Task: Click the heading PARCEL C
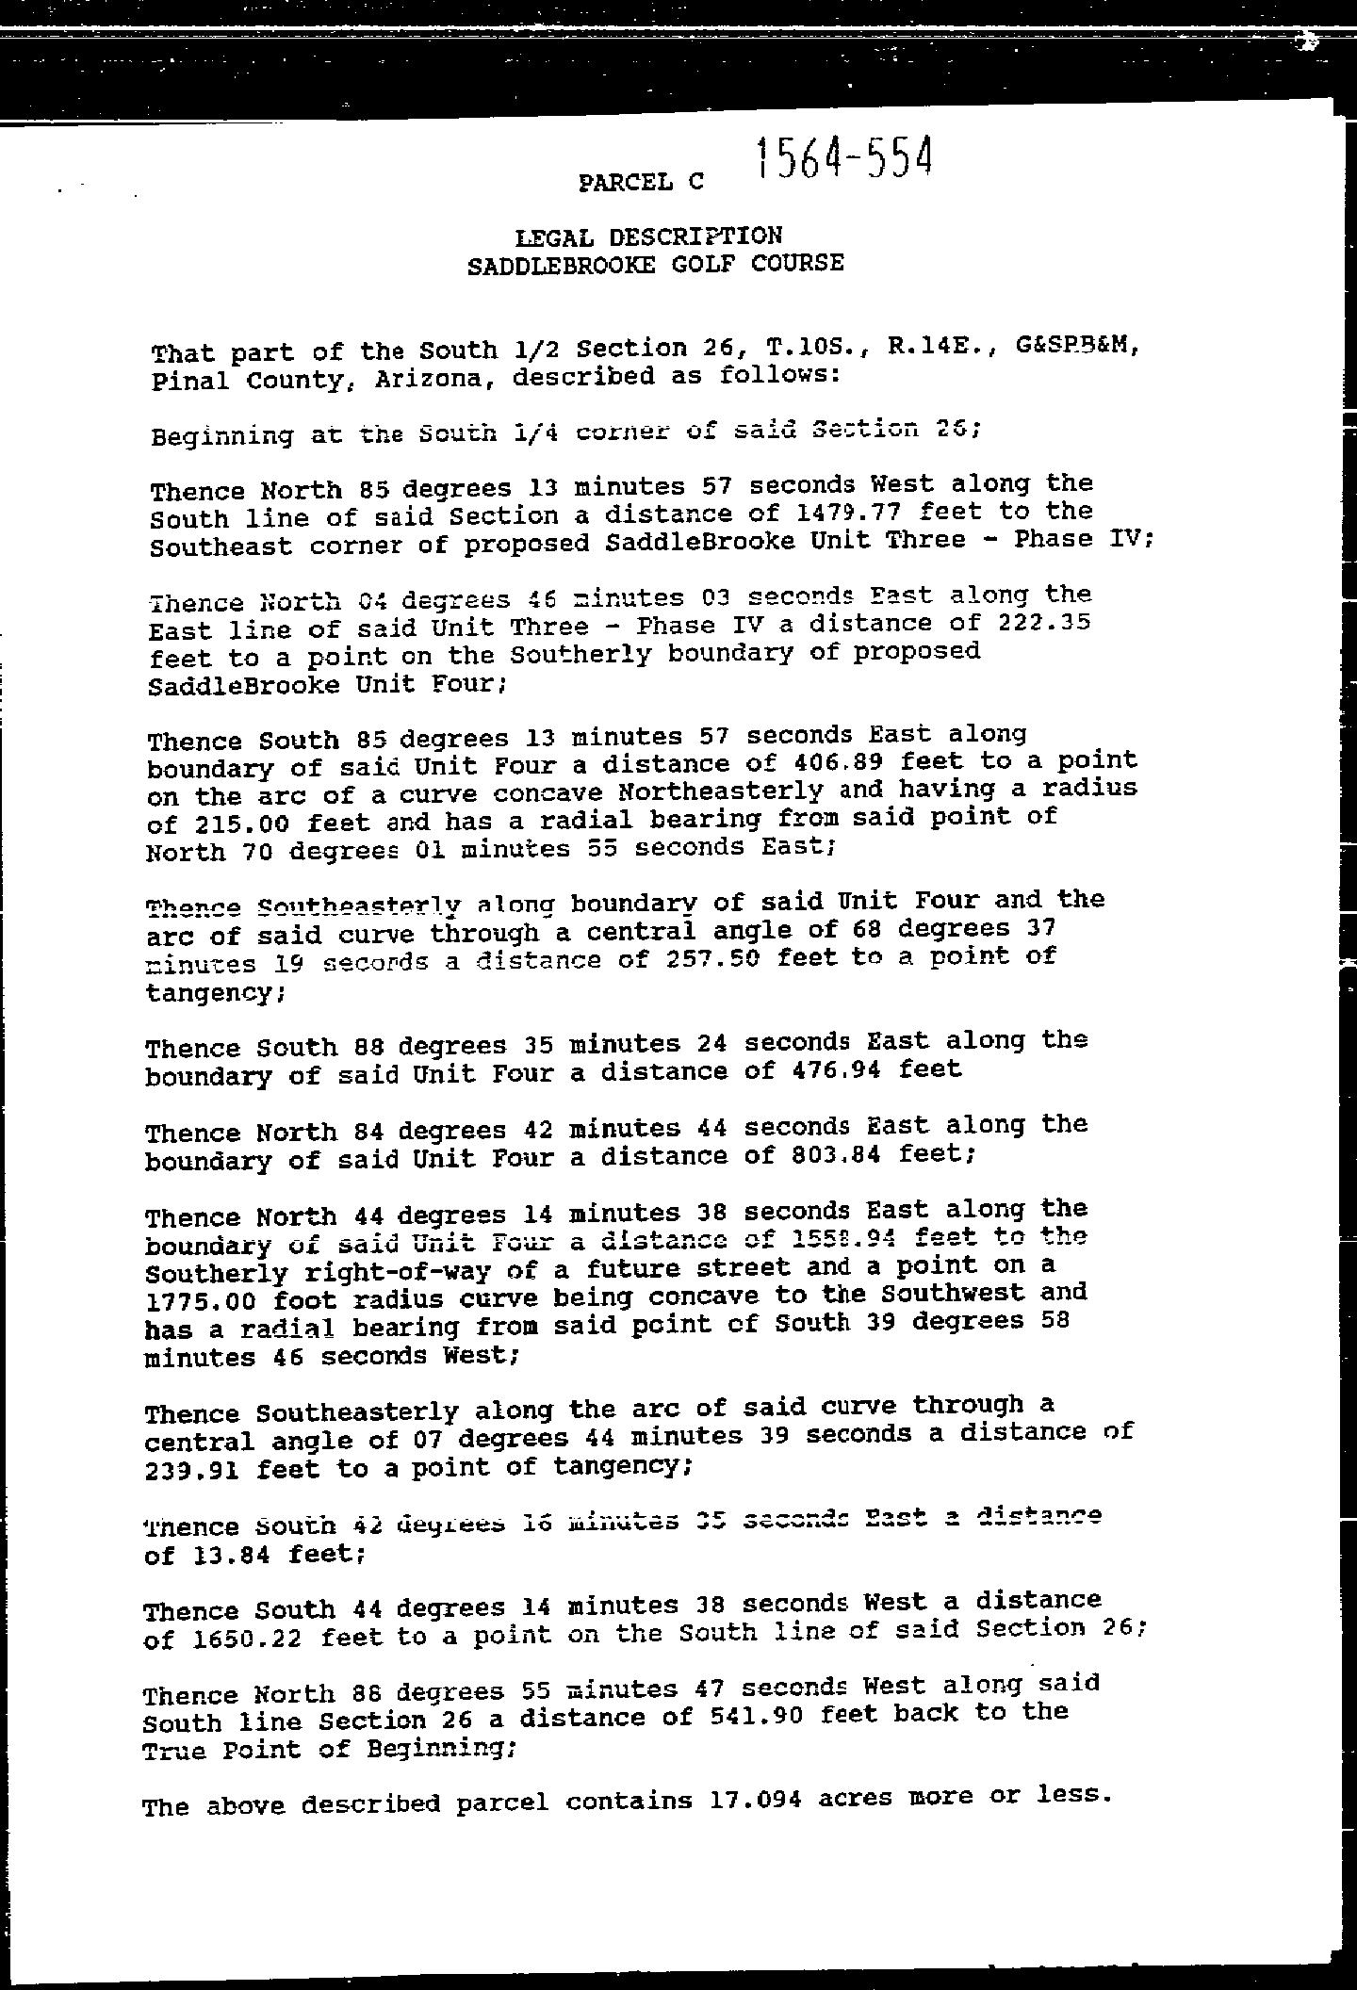tap(641, 182)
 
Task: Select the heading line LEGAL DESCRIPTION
tap(648, 237)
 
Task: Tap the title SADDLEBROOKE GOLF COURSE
tap(655, 264)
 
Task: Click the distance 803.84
tap(830, 1154)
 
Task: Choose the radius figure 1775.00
tap(199, 1301)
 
